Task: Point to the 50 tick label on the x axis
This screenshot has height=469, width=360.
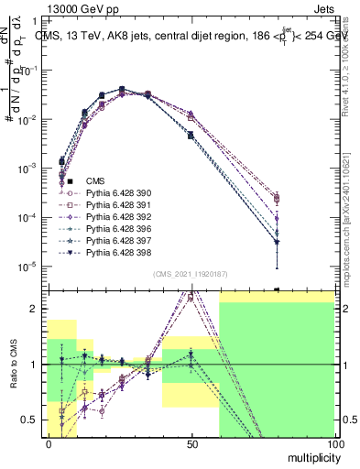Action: [x=191, y=443]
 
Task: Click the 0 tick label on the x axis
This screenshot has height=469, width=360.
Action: [x=49, y=443]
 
